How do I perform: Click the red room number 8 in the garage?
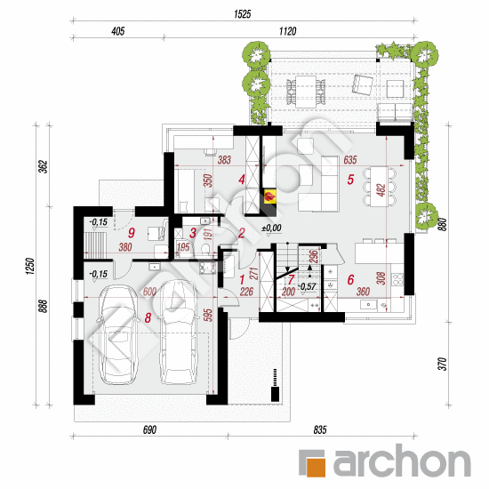click(148, 317)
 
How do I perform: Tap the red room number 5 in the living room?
click(350, 180)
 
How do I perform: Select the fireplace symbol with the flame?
click(269, 196)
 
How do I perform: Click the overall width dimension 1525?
click(243, 14)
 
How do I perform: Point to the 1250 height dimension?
click(30, 266)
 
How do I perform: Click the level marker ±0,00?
click(272, 228)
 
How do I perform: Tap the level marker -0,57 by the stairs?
click(308, 286)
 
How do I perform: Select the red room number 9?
click(132, 233)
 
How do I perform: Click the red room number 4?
click(242, 180)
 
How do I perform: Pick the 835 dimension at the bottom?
click(320, 430)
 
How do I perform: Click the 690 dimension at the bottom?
click(149, 430)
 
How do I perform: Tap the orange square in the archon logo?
click(316, 467)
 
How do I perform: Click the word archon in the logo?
click(402, 461)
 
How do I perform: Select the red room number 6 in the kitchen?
click(350, 280)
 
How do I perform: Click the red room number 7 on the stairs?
click(291, 280)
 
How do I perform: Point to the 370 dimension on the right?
click(443, 364)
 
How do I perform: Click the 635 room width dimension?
click(350, 160)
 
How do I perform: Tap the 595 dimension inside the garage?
click(209, 315)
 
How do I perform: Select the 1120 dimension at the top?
click(287, 31)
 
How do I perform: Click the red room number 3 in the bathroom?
click(193, 233)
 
